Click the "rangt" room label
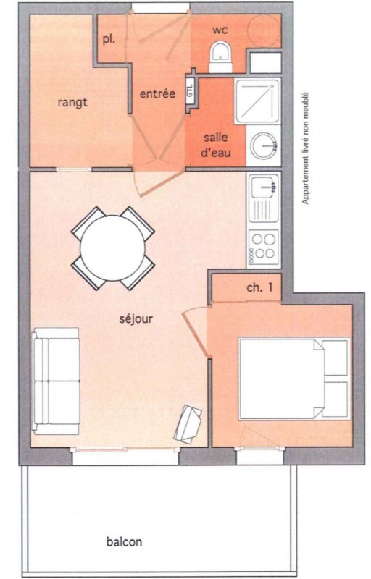[72, 102]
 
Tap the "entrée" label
[157, 93]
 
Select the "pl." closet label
[109, 40]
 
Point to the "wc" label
[220, 30]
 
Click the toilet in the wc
[220, 57]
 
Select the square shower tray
[258, 101]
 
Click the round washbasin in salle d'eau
[264, 145]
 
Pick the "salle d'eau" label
[216, 145]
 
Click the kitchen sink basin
[264, 186]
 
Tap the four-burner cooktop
[264, 247]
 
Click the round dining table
[113, 248]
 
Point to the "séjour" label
[136, 318]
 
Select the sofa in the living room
[56, 381]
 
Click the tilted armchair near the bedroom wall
[188, 424]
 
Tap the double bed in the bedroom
[294, 379]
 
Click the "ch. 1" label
[259, 287]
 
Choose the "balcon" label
[124, 541]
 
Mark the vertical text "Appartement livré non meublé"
[305, 148]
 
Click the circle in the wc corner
[264, 31]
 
